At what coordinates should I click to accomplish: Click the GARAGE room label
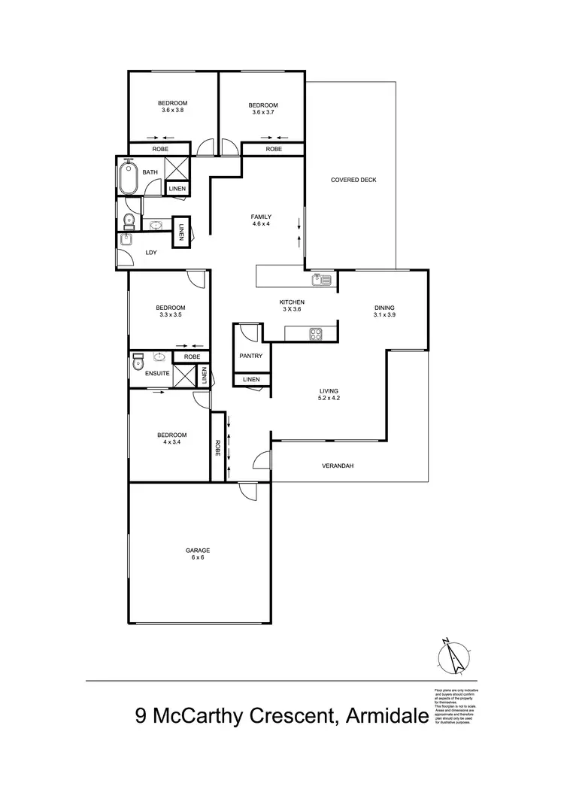[198, 550]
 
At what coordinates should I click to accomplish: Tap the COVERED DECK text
[353, 180]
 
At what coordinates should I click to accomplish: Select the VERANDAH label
[337, 466]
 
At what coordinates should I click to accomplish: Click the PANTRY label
[250, 355]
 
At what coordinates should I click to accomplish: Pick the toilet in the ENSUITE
[138, 362]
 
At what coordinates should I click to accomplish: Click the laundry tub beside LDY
[126, 240]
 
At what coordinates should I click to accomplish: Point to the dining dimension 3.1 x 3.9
[384, 315]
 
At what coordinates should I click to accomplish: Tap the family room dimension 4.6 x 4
[261, 224]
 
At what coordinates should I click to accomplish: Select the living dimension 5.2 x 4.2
[329, 399]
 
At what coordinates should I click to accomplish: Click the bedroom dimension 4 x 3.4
[172, 442]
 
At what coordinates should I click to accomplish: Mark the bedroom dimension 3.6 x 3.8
[172, 111]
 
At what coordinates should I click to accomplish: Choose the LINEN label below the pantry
[250, 380]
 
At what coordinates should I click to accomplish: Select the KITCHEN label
[292, 302]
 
